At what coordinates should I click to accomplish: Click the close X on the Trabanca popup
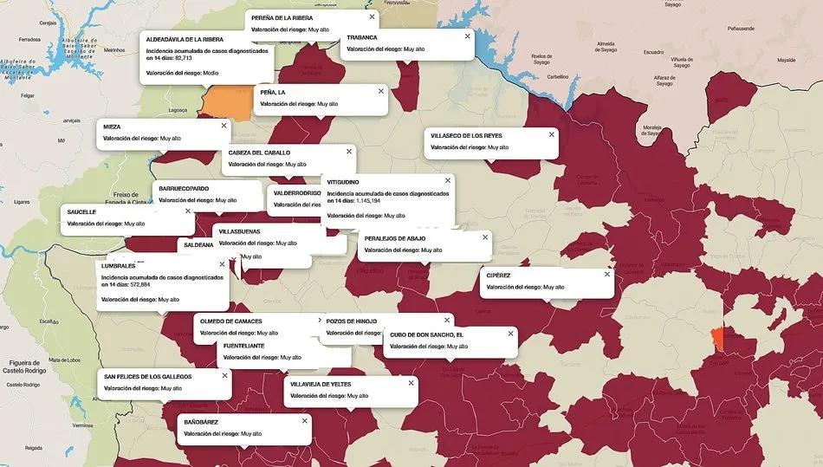[x=467, y=36]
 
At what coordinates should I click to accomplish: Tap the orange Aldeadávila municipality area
[x=228, y=102]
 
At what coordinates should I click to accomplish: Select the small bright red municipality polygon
[x=717, y=339]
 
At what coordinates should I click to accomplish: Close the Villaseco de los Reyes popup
[x=551, y=134]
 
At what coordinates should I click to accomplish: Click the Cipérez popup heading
[x=499, y=276]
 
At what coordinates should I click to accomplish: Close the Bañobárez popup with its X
[x=304, y=420]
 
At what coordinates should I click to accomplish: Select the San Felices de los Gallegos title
[x=148, y=376]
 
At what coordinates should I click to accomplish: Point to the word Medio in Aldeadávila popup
[x=211, y=73]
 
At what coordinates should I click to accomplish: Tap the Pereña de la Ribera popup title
[x=282, y=17]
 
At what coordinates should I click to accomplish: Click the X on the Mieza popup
[x=224, y=126]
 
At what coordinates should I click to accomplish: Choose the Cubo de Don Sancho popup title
[x=426, y=334]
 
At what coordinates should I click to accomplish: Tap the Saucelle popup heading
[x=81, y=211]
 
